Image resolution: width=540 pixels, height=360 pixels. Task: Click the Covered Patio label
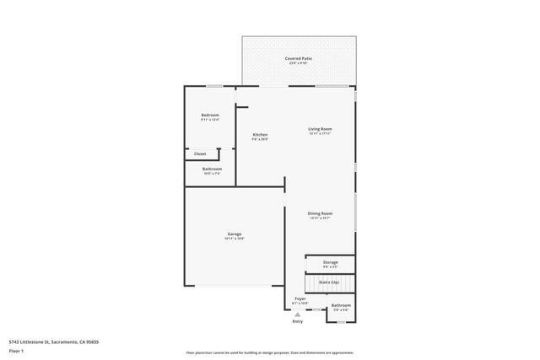(x=298, y=58)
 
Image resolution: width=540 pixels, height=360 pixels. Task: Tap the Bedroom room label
(x=210, y=115)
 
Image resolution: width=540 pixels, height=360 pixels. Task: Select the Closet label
(x=200, y=153)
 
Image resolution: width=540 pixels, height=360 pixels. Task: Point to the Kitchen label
(x=261, y=135)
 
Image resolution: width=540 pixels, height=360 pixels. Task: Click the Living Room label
(x=320, y=128)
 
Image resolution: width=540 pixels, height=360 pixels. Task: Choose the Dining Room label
(x=320, y=213)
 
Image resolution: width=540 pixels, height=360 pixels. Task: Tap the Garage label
(x=235, y=234)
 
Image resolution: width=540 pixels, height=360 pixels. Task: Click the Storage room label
(x=330, y=262)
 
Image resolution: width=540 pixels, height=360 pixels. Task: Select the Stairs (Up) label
(x=329, y=282)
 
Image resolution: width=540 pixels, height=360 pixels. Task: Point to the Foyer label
(x=300, y=298)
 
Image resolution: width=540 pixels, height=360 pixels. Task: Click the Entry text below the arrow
(x=297, y=321)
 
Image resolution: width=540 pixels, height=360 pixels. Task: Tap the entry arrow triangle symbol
(x=297, y=314)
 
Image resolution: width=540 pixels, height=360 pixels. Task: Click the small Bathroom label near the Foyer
(x=341, y=305)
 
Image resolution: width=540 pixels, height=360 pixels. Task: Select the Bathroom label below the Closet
(x=212, y=169)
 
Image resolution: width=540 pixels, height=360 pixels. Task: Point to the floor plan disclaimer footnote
(x=270, y=352)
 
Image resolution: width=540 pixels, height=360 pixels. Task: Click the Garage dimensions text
(x=235, y=239)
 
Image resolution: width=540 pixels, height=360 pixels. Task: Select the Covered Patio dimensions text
(x=298, y=63)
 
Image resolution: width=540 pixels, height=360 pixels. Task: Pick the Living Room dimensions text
(x=320, y=133)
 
